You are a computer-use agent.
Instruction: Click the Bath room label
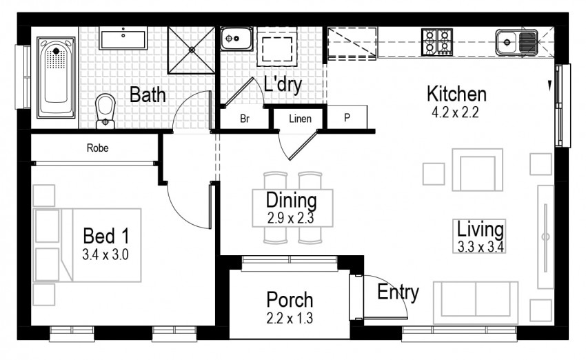tap(148, 94)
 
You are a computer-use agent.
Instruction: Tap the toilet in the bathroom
tap(105, 111)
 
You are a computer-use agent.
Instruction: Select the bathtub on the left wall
tap(56, 77)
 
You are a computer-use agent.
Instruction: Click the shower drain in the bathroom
tap(192, 49)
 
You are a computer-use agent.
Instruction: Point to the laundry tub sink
tap(236, 39)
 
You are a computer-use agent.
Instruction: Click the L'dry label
tap(283, 84)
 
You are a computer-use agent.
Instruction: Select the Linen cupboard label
tap(300, 119)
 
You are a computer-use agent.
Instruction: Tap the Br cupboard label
tap(245, 119)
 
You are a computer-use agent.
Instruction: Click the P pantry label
tap(347, 118)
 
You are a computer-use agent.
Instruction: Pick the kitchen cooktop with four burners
tap(437, 42)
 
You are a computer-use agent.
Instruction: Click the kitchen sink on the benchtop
tap(516, 42)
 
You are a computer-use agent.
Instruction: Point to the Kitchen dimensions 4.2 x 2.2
tap(455, 112)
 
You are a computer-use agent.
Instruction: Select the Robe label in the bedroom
tap(97, 148)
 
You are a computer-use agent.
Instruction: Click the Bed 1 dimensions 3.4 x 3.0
tap(105, 254)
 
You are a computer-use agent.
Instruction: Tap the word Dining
tap(292, 201)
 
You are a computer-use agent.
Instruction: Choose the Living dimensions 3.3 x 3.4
tap(481, 247)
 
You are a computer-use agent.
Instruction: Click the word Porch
tap(290, 300)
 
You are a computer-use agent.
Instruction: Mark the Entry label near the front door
tap(398, 292)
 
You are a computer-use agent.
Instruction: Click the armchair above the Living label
tap(477, 170)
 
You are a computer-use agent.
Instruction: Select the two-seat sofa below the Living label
tap(476, 303)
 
